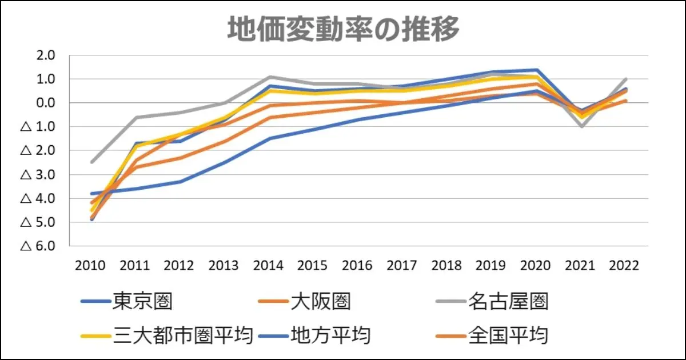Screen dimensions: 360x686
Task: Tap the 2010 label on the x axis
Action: tap(91, 266)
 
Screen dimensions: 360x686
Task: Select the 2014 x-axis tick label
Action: tap(268, 266)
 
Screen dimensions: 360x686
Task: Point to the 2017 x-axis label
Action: tap(402, 266)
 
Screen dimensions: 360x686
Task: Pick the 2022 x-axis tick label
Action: tap(624, 266)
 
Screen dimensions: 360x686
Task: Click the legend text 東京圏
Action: tap(143, 301)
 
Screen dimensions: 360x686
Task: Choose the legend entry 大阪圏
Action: tap(320, 301)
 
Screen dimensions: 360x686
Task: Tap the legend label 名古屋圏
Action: tap(508, 301)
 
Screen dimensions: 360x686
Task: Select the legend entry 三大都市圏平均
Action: tap(183, 335)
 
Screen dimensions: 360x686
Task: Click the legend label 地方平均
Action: tap(330, 335)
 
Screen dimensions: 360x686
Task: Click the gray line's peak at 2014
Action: tap(269, 77)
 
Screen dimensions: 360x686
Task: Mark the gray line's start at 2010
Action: tap(91, 162)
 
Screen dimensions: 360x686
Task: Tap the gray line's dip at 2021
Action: tap(582, 126)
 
